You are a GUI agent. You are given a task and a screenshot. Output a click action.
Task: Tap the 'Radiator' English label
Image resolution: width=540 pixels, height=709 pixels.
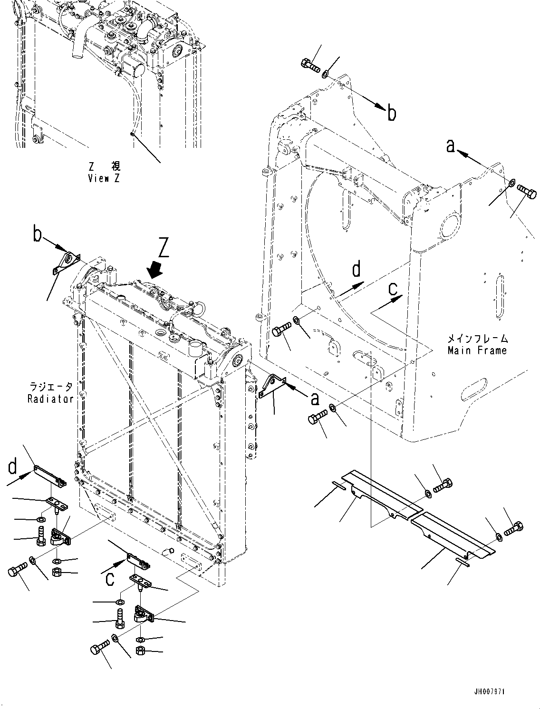coord(50,399)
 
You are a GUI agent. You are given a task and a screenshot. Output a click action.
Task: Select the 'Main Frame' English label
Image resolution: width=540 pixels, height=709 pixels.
coord(477,350)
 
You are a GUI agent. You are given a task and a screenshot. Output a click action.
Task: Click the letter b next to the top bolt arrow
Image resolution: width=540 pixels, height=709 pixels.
coord(392,113)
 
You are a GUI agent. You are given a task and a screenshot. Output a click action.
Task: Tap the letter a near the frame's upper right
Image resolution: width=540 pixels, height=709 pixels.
coord(451,147)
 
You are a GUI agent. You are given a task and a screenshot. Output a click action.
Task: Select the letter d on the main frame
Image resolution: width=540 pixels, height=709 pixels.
coord(356,270)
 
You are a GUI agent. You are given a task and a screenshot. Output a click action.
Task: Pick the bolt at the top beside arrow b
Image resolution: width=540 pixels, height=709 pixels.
coord(311,65)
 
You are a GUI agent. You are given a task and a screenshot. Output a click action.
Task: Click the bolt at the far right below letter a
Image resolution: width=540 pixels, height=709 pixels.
coord(527,192)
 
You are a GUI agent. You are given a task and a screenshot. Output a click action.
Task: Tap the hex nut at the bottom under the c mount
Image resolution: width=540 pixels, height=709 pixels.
coord(141,651)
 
